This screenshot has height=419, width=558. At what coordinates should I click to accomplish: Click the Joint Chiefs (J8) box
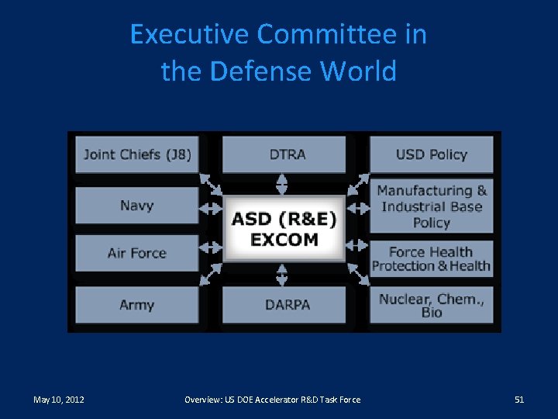point(137,154)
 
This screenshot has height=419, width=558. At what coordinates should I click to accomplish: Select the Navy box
point(137,206)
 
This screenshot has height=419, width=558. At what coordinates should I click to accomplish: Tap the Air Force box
point(137,253)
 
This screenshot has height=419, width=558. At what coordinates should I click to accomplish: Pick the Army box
point(137,305)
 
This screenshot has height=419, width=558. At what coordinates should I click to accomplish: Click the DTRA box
point(284,154)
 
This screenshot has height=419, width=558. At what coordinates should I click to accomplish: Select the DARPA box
point(284,305)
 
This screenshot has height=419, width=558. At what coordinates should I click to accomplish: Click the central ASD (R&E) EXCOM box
point(284,229)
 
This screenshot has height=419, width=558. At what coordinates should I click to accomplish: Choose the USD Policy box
point(431,154)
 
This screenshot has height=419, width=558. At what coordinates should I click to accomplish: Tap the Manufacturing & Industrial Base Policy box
point(431,206)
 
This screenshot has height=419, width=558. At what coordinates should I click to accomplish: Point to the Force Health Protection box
point(431,258)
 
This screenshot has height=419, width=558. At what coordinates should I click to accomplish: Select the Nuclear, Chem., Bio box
point(431,305)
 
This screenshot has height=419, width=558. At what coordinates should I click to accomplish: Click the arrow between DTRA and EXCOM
point(283,184)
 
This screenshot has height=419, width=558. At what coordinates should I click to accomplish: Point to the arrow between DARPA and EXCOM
point(283,274)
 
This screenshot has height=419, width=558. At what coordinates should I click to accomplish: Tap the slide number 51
point(519,400)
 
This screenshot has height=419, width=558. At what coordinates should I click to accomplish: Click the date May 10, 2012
point(59,400)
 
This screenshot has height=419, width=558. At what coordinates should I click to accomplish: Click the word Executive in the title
point(190,35)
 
